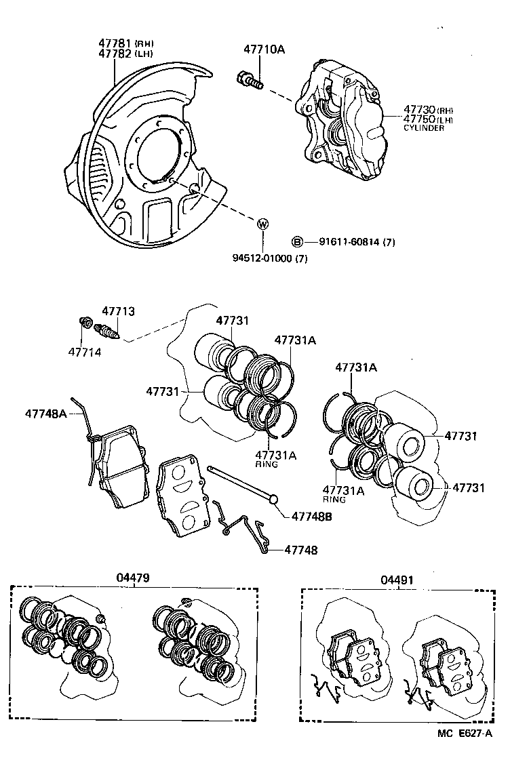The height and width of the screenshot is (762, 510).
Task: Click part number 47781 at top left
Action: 115,43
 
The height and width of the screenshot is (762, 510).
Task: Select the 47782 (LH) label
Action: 115,54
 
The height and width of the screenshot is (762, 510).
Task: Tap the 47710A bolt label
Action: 264,49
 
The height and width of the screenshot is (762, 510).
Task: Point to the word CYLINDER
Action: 424,128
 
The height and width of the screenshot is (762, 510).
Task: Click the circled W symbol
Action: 262,224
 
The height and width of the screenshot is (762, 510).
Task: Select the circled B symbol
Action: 296,241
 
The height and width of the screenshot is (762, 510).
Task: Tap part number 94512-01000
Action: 261,258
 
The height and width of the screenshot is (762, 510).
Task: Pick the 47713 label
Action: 119,311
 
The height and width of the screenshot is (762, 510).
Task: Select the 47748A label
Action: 46,412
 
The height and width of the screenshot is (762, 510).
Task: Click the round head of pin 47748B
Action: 274,500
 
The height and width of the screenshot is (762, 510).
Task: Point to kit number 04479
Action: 132,578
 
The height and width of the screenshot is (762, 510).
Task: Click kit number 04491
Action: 397,580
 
